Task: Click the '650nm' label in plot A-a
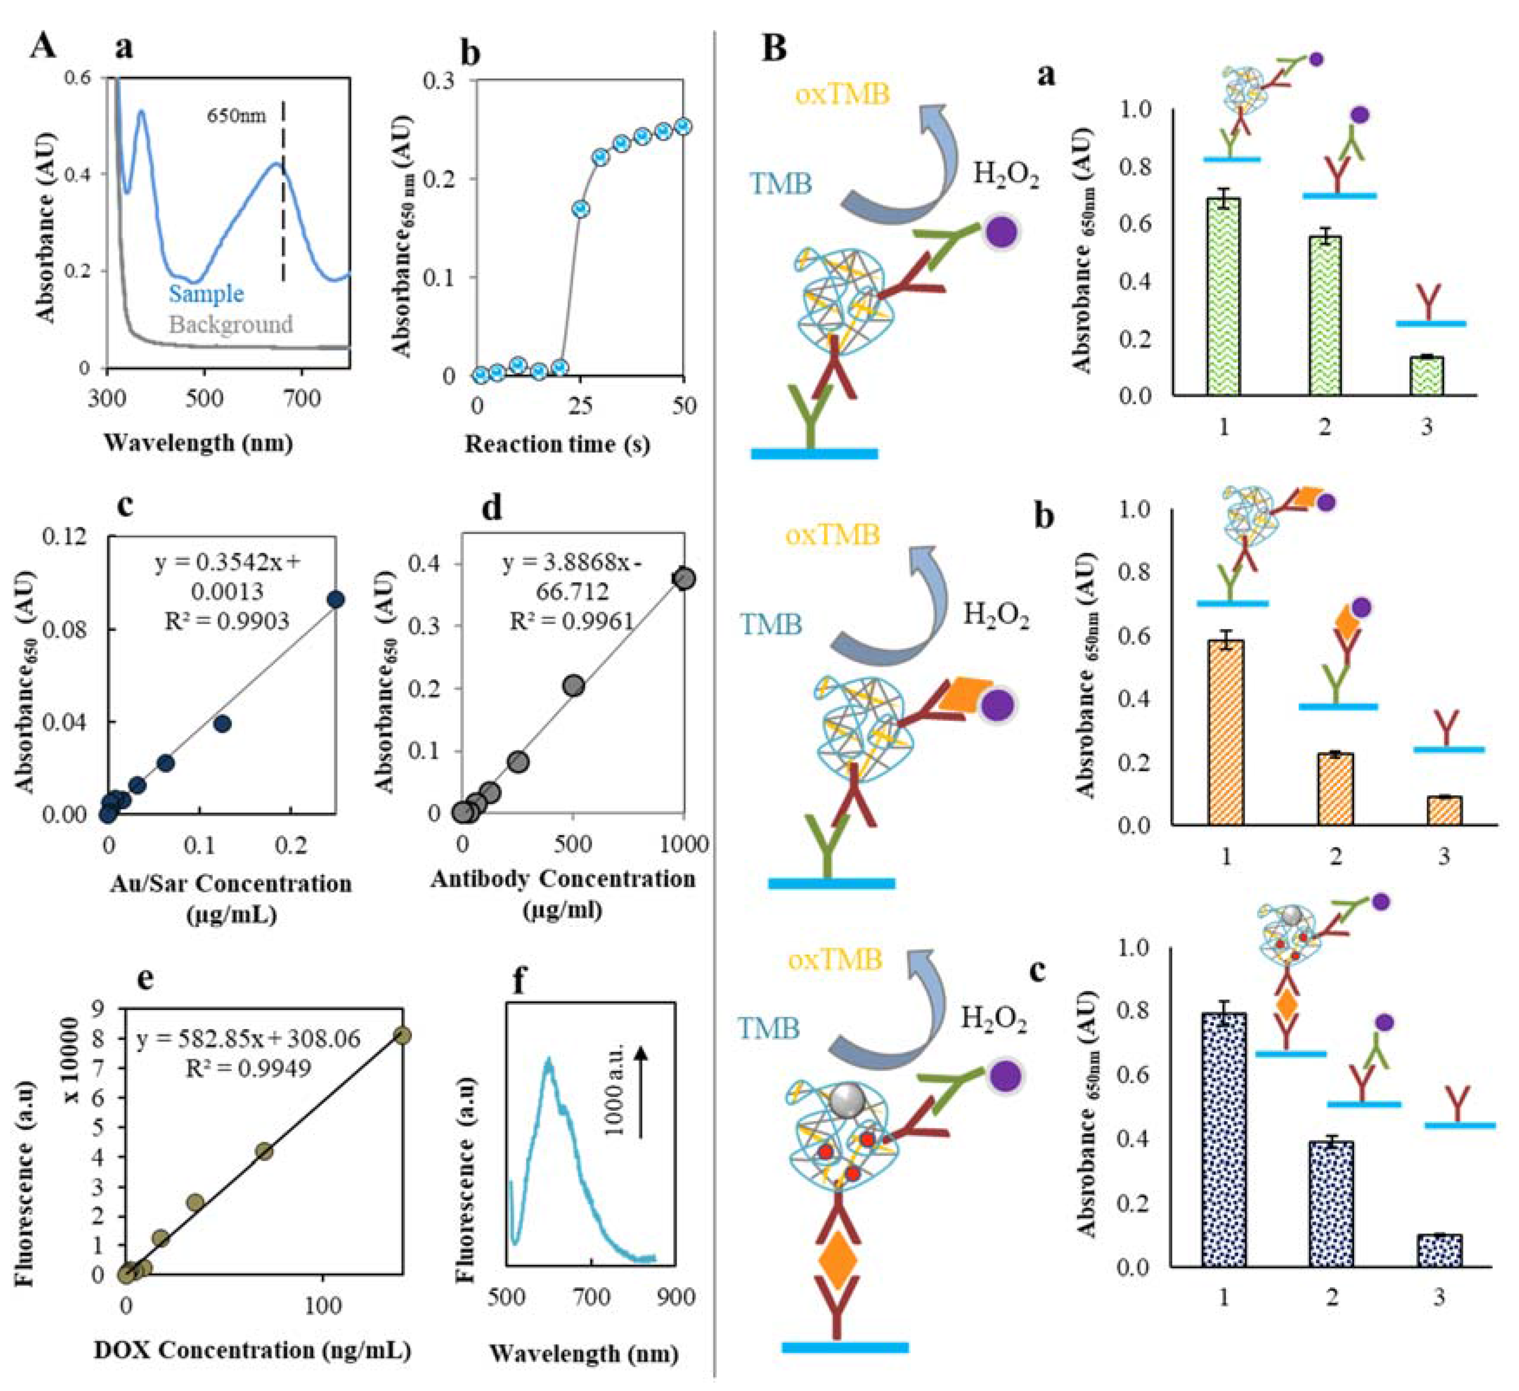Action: click(x=236, y=116)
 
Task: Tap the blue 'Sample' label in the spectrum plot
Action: click(x=206, y=294)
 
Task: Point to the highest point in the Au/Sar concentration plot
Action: click(x=335, y=600)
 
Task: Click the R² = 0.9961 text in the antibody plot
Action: click(x=571, y=620)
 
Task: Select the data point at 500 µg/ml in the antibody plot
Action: click(x=574, y=686)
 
